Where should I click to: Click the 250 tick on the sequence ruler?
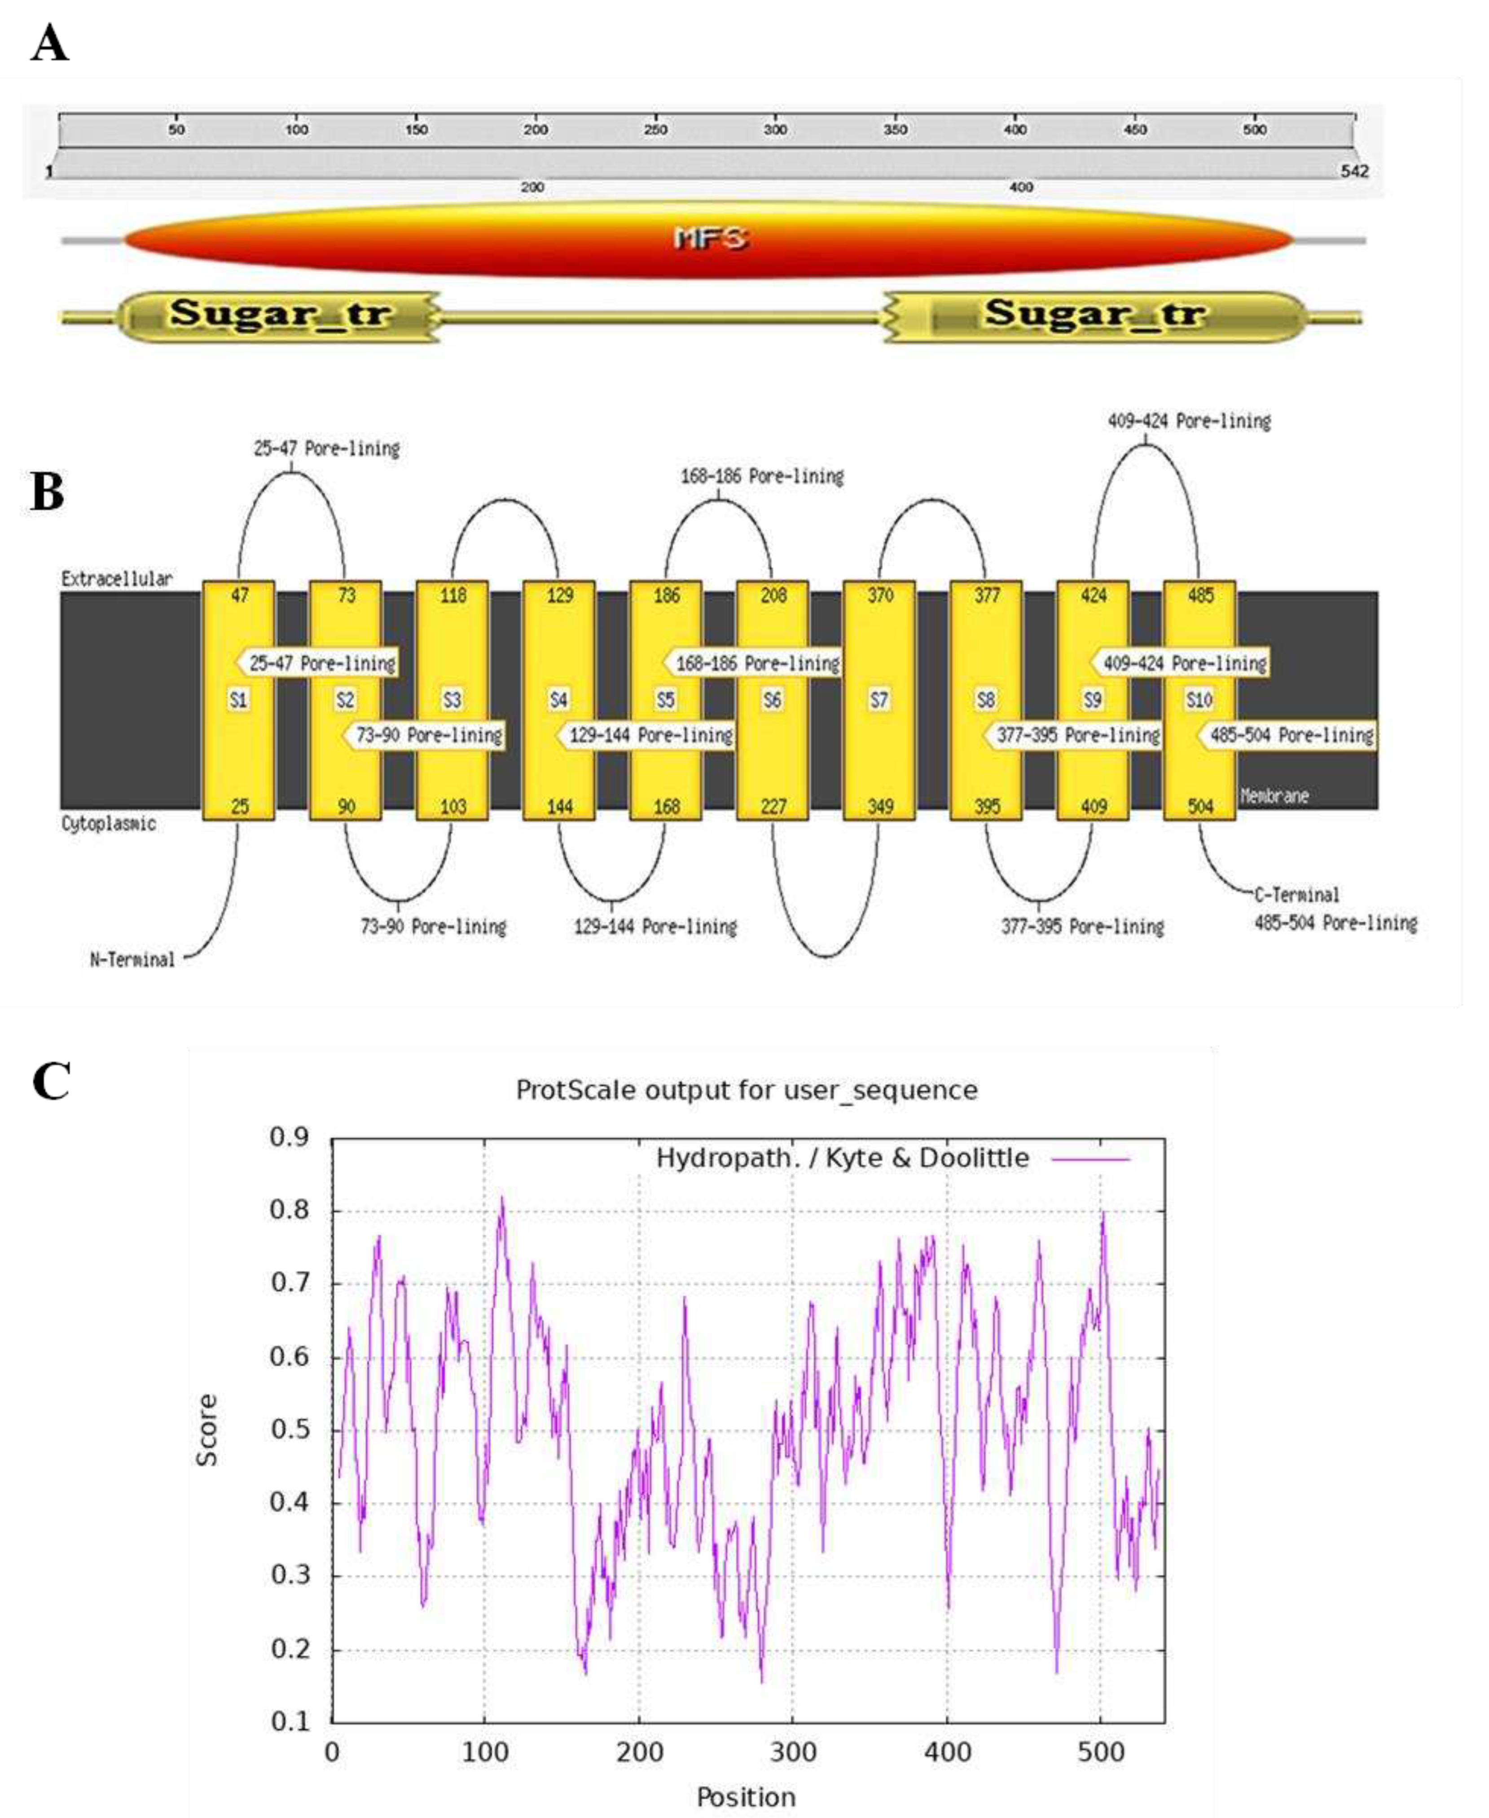pos(656,129)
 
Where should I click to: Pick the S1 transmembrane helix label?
pos(238,700)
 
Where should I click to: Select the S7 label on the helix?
pos(879,700)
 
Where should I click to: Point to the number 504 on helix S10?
pos(1200,807)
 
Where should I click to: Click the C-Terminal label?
pos(1296,895)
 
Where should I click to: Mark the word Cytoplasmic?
pos(108,824)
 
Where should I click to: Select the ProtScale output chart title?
pos(746,1090)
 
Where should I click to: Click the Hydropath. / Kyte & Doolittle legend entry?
pos(842,1158)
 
